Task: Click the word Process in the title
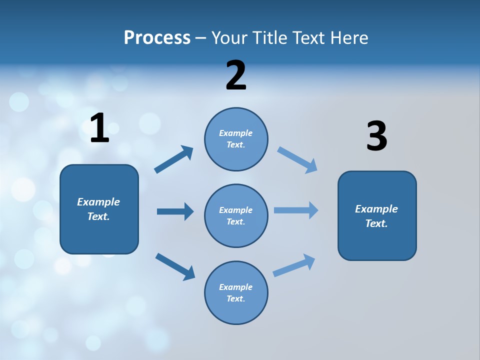157,38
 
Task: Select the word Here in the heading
348,38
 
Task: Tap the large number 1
99,128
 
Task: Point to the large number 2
236,75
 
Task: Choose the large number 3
376,136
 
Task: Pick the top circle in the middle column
236,139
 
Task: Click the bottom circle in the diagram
236,293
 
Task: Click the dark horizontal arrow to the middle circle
175,211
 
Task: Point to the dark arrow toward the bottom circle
175,266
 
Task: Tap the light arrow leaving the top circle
297,159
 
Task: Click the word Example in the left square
98,202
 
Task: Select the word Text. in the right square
376,223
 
